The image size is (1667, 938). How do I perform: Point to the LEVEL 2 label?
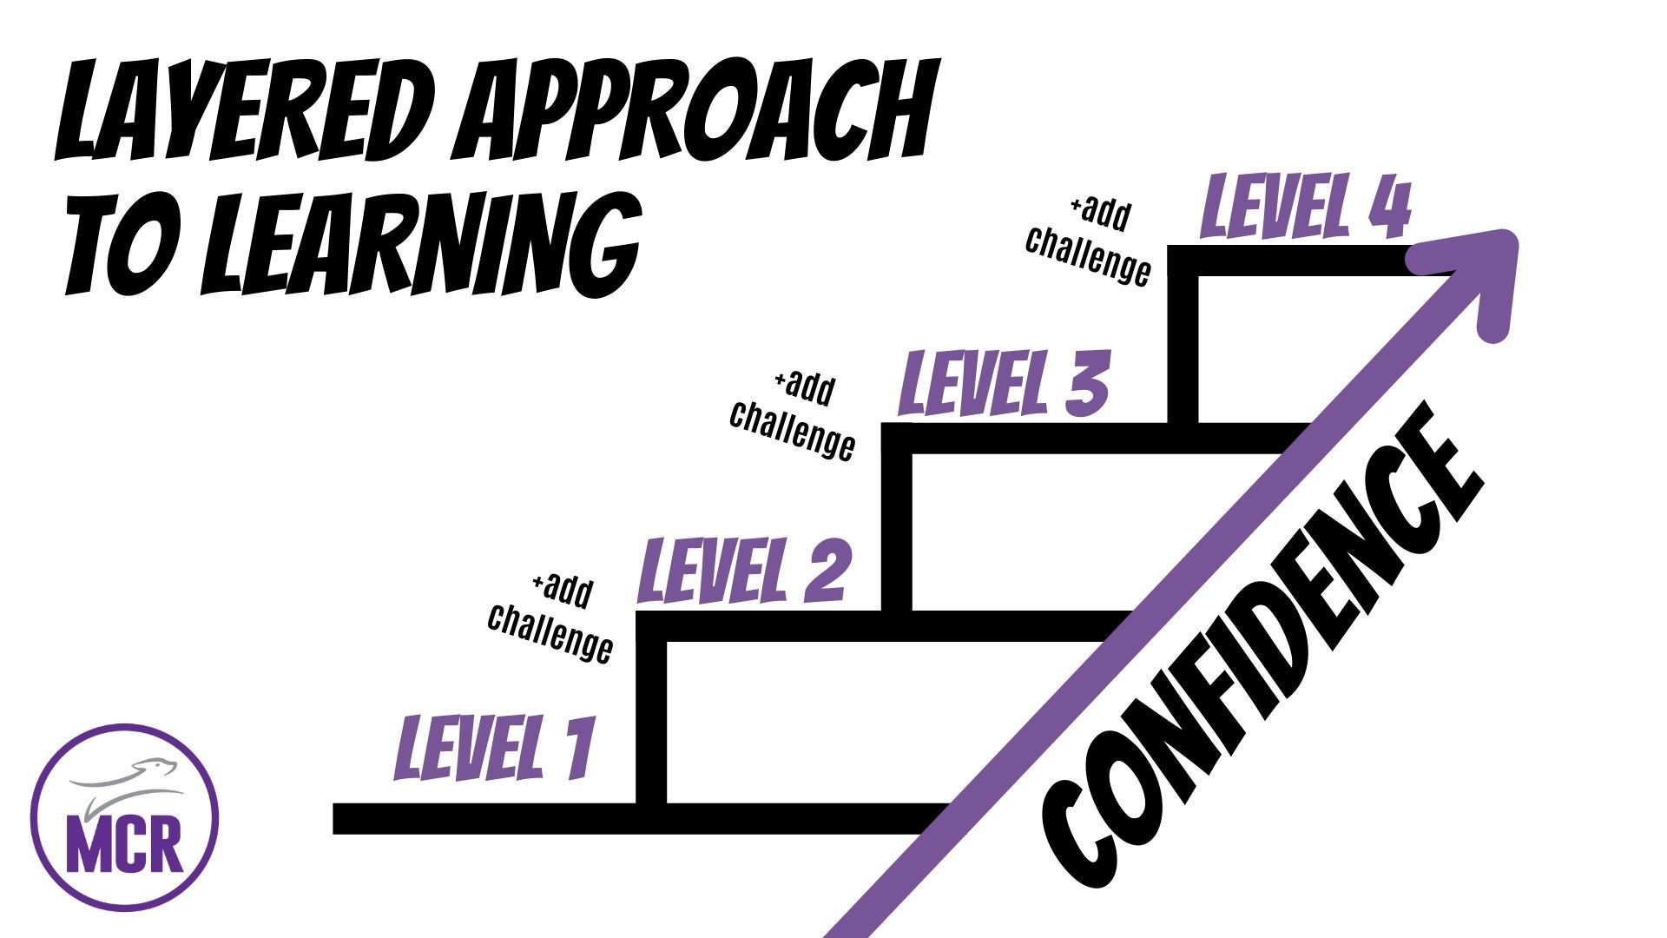742,569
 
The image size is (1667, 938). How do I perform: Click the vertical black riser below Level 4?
1183,347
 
